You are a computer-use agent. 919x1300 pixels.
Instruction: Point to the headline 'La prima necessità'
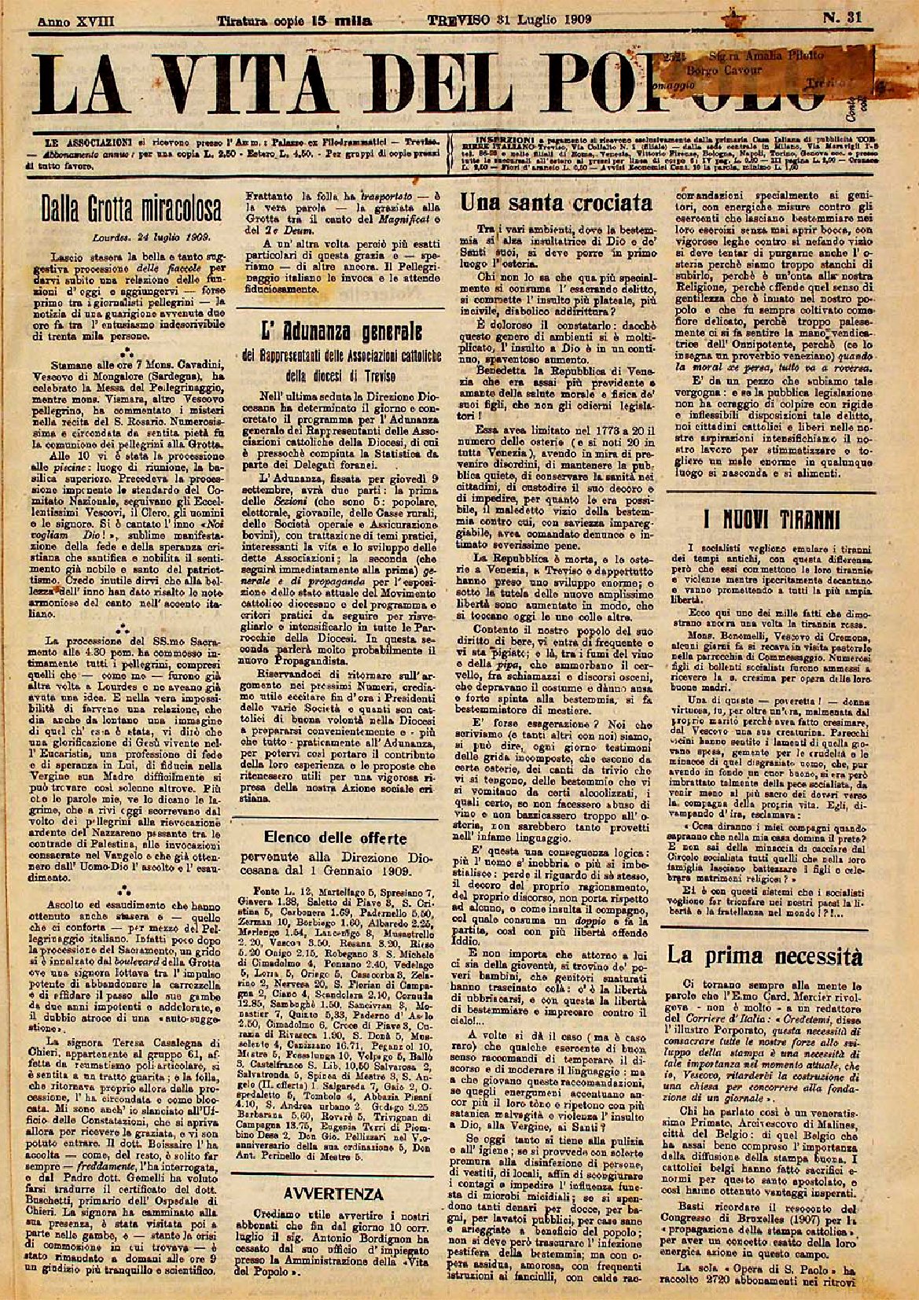click(765, 956)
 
